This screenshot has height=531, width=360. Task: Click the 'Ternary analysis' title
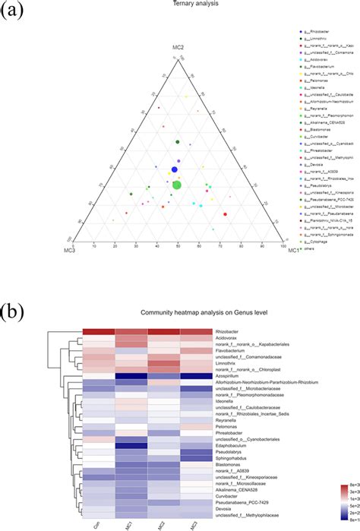click(x=180, y=5)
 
